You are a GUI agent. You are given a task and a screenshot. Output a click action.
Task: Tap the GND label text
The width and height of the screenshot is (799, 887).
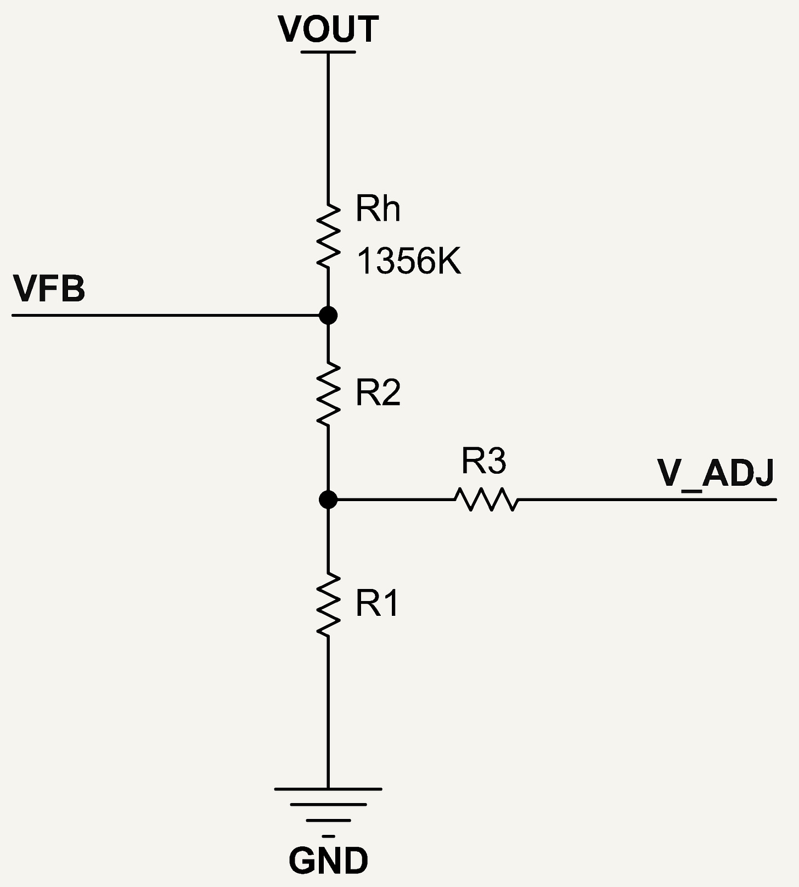coord(328,860)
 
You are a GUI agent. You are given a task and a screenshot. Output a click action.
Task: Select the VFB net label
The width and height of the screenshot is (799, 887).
coord(49,289)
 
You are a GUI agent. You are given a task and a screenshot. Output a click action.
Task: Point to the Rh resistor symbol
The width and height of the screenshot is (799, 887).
coord(328,236)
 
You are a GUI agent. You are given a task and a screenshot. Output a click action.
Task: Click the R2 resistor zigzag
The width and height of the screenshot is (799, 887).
coord(328,393)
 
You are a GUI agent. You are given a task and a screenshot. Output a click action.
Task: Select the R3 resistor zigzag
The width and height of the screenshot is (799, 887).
coord(486,499)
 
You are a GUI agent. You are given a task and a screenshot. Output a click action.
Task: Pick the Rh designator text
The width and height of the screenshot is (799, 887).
coord(378,209)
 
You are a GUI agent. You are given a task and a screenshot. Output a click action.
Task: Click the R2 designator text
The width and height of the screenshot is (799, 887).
coord(378,392)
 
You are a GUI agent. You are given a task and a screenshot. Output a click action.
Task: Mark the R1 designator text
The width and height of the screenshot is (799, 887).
coord(376,604)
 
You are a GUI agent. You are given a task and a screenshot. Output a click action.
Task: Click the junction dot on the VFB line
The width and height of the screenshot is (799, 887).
coord(328,316)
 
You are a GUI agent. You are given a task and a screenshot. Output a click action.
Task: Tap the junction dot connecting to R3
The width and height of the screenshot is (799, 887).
coord(328,499)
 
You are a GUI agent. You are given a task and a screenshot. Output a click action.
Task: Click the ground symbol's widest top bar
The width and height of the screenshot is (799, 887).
coord(328,789)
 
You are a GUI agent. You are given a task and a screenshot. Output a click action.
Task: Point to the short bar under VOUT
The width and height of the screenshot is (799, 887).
coord(328,52)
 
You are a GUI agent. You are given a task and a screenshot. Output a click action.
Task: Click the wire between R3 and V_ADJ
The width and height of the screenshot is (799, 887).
coord(647,499)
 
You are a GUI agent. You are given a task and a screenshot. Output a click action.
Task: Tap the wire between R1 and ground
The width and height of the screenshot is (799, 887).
coord(328,712)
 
